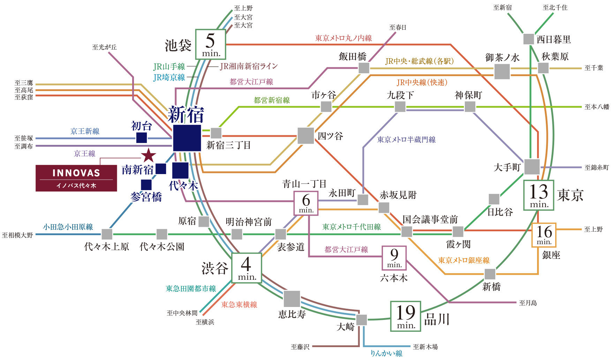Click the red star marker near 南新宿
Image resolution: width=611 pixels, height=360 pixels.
(149, 155)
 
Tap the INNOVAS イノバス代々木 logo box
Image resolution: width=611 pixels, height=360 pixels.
(76, 178)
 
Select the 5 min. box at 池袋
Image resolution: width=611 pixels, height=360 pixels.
(210, 44)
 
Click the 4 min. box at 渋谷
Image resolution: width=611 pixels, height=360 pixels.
(247, 268)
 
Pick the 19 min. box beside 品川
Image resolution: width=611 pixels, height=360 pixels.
(406, 316)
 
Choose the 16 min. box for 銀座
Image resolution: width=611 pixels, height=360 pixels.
(544, 235)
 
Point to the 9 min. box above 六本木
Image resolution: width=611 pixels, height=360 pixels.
(394, 258)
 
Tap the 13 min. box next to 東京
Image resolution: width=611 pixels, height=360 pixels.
(539, 195)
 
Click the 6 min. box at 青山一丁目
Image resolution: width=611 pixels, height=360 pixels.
(306, 203)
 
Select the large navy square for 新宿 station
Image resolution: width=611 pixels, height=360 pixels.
(187, 138)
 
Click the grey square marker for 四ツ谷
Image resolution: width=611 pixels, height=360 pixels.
(305, 135)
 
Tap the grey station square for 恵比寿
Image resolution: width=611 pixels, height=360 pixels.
(292, 299)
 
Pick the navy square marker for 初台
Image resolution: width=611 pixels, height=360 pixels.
(141, 137)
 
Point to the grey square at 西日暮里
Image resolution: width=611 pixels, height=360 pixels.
(529, 39)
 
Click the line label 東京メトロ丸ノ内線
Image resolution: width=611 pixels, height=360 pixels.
(344, 38)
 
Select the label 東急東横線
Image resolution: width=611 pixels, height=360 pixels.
(239, 305)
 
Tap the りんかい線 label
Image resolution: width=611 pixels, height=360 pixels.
(386, 353)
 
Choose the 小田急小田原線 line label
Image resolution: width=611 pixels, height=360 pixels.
(68, 227)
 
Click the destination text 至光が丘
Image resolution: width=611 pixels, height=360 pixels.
(104, 47)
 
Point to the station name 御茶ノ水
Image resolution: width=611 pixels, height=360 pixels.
(502, 58)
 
